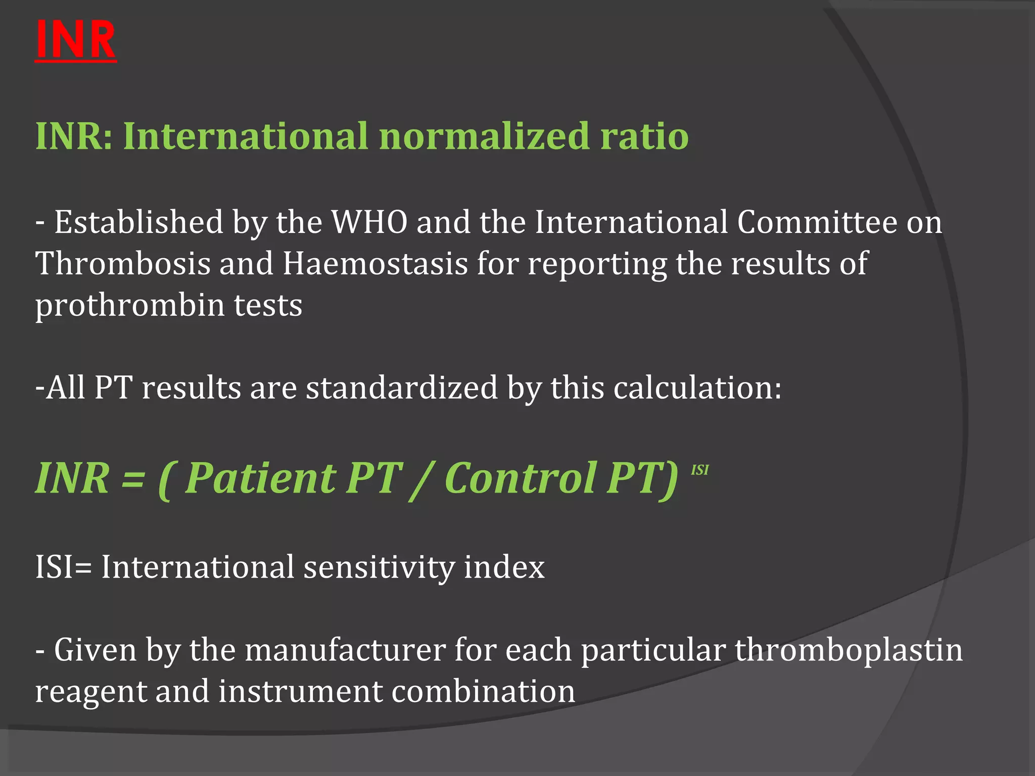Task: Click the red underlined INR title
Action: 76,40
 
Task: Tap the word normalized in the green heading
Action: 484,136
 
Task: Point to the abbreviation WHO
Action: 369,222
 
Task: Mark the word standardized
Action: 402,388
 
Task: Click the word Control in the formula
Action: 521,478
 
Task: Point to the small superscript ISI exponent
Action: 699,470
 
